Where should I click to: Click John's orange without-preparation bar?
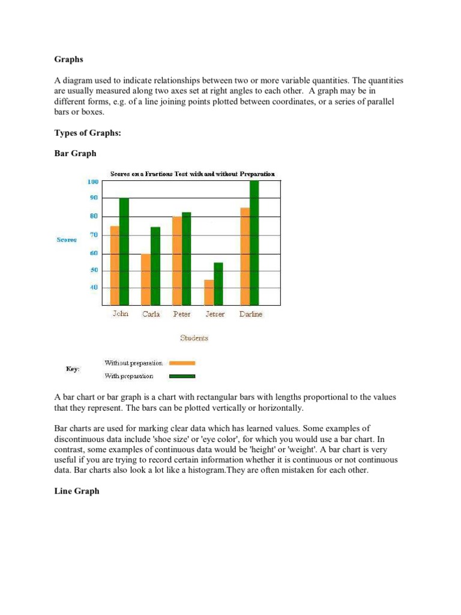click(x=115, y=265)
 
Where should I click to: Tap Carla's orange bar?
click(x=146, y=279)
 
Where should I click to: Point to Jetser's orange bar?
click(x=208, y=292)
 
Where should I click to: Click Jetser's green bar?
click(x=218, y=283)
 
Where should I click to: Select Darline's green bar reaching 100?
click(x=254, y=243)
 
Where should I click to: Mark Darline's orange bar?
click(x=244, y=256)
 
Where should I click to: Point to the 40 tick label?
click(x=94, y=288)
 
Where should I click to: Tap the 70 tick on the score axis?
click(x=94, y=235)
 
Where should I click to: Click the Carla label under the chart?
click(x=151, y=314)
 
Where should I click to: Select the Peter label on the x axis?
click(x=182, y=314)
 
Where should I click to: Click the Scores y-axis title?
click(x=67, y=240)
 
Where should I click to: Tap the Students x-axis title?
click(x=194, y=338)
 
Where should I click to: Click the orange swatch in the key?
click(x=182, y=363)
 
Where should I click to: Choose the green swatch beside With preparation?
click(x=182, y=377)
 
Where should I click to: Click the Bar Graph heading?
click(x=75, y=154)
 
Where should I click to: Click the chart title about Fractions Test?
click(x=192, y=174)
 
